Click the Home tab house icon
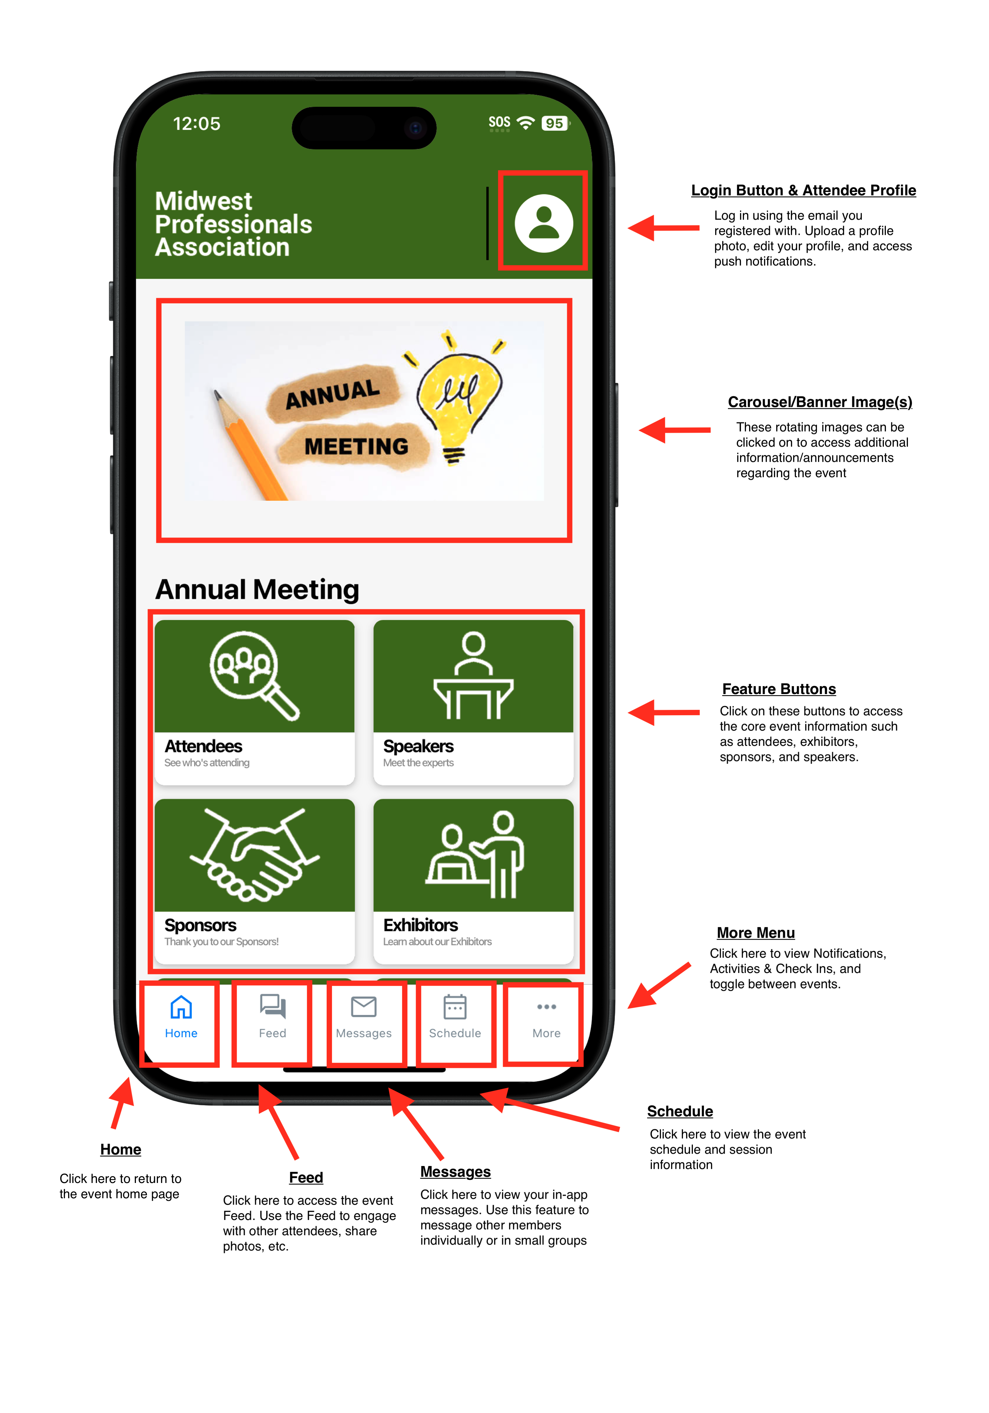[x=181, y=1007]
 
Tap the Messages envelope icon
[x=364, y=1007]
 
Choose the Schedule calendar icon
[x=455, y=1007]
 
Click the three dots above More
[x=546, y=1007]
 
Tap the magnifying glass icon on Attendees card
[x=253, y=675]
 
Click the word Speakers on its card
[x=418, y=747]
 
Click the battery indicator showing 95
[x=554, y=123]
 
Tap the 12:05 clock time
[x=196, y=124]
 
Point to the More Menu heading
[x=756, y=933]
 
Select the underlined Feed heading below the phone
[x=306, y=1177]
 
